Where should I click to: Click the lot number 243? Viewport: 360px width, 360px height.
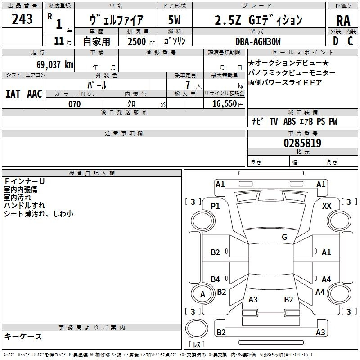[22, 19]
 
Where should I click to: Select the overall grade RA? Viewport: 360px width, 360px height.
[343, 21]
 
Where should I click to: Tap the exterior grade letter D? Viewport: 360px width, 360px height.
[336, 41]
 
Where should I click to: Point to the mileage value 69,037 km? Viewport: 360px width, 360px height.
[55, 64]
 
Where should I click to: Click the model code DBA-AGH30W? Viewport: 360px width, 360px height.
[258, 41]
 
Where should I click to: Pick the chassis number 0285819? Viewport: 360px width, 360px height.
[302, 143]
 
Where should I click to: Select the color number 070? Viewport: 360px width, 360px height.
[75, 104]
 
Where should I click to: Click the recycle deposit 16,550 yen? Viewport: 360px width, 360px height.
[228, 104]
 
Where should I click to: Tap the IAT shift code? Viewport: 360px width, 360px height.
[13, 94]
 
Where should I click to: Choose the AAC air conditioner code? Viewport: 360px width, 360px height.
[35, 94]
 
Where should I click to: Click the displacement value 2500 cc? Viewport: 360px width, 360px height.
[141, 41]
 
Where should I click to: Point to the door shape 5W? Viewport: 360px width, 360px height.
[174, 20]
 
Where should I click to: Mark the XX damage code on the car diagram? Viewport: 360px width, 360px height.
[327, 206]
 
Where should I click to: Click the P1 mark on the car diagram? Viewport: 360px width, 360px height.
[216, 206]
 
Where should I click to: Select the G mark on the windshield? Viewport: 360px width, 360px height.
[284, 237]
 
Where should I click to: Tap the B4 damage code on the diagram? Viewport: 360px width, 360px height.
[216, 279]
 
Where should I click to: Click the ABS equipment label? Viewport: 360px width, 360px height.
[289, 121]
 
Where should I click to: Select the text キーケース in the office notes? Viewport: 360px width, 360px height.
[23, 336]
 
